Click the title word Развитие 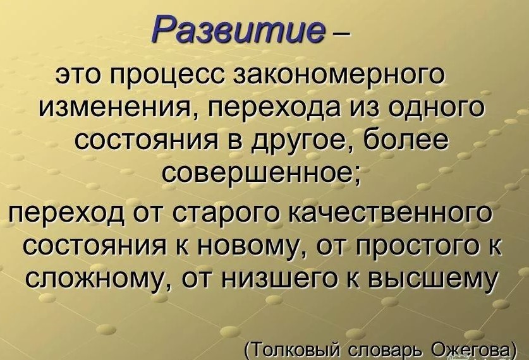coord(240,28)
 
